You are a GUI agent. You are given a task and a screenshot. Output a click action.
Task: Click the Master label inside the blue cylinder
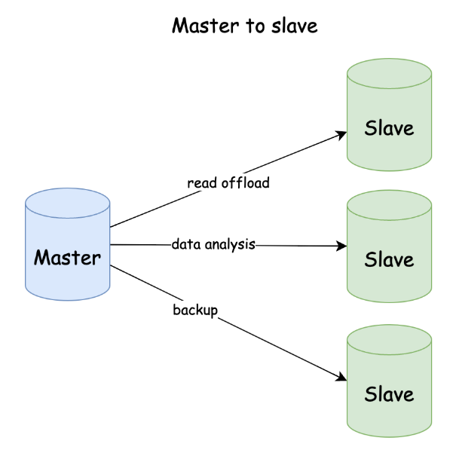(68, 258)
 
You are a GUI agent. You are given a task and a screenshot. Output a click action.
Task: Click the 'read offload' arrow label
(228, 183)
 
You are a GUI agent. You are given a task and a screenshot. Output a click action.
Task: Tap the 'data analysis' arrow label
(213, 244)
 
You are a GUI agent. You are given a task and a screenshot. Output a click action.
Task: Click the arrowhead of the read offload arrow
(341, 135)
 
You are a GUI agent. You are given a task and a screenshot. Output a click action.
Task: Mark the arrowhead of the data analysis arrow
(341, 246)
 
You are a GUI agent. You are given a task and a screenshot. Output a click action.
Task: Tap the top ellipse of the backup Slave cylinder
(389, 341)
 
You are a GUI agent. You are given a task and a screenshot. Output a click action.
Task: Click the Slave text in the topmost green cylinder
(389, 128)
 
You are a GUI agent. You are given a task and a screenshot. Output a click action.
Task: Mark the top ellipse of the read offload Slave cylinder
(389, 74)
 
